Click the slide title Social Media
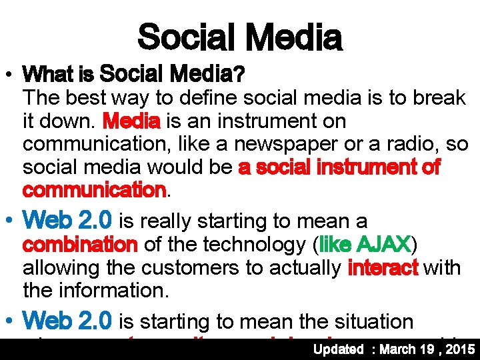click(x=239, y=37)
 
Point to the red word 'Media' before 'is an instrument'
click(x=131, y=122)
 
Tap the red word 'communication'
click(x=93, y=191)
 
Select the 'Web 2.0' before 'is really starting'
click(x=67, y=221)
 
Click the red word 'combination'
click(x=80, y=245)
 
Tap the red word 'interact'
click(x=383, y=268)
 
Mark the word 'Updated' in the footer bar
click(x=339, y=349)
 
